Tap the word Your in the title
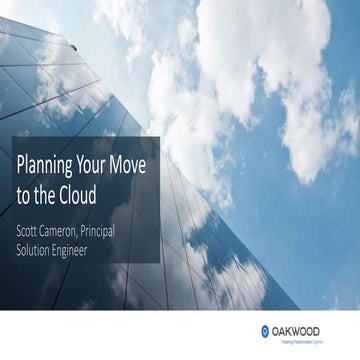(105, 163)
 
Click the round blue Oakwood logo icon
(264, 330)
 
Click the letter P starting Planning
(21, 163)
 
